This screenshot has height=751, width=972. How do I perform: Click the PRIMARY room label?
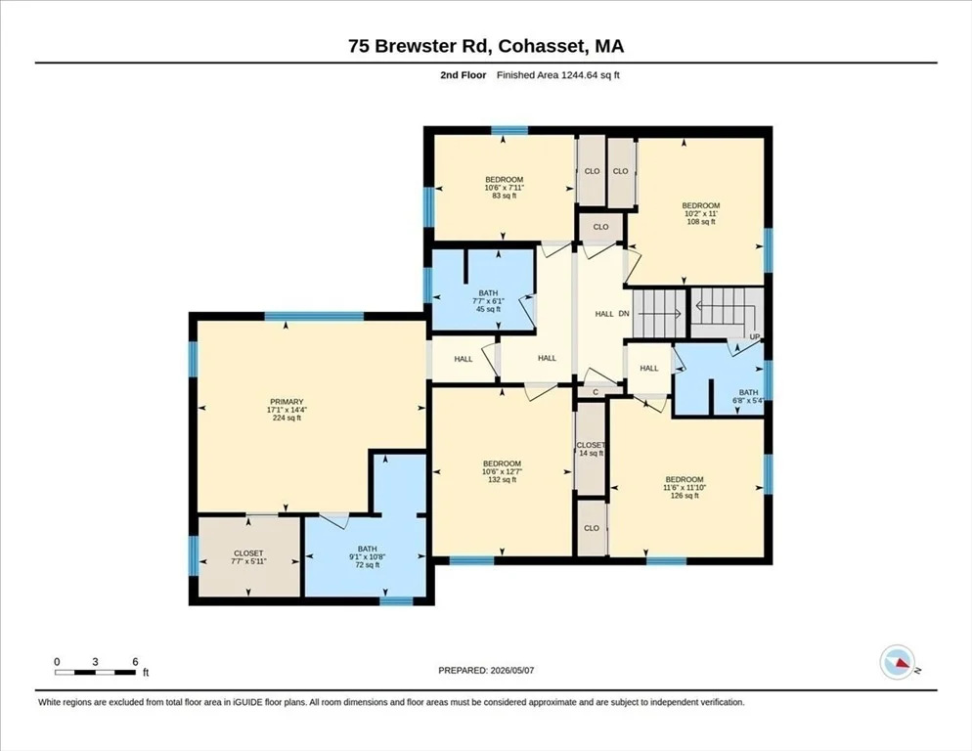[x=287, y=402]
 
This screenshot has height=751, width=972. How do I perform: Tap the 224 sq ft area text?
[x=287, y=418]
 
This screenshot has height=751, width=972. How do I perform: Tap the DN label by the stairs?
[x=624, y=314]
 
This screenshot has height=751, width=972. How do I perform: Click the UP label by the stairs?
[x=754, y=336]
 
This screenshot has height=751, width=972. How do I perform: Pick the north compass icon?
[x=898, y=662]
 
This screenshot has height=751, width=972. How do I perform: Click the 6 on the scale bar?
[x=135, y=662]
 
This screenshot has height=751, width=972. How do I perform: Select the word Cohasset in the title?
[x=542, y=46]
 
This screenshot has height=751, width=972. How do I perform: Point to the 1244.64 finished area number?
[x=582, y=75]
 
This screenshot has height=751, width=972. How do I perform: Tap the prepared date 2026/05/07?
[x=512, y=671]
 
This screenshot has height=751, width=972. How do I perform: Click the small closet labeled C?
[x=596, y=392]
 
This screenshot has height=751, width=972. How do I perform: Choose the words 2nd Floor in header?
[x=464, y=75]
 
